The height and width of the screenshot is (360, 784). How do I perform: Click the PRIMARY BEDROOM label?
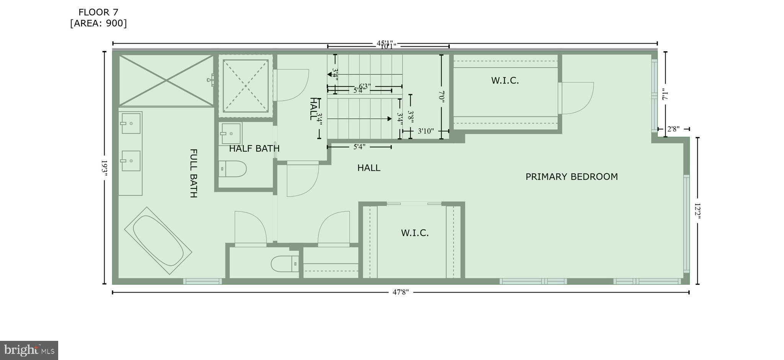click(571, 177)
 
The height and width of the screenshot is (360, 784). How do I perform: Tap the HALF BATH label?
click(254, 148)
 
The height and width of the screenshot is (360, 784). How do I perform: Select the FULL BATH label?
click(194, 173)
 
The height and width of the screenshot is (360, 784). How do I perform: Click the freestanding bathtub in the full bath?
click(158, 241)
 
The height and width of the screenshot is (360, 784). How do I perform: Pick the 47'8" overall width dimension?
click(400, 292)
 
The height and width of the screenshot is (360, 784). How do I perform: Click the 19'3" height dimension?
click(104, 168)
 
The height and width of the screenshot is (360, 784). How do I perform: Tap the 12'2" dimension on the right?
click(697, 211)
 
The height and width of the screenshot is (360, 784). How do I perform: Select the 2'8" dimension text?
click(673, 129)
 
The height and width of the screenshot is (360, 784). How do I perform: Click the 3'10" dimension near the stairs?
click(425, 131)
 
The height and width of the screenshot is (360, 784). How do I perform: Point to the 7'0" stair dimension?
click(441, 96)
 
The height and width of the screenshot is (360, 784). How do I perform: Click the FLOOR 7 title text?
click(98, 12)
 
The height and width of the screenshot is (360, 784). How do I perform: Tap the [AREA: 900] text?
click(98, 23)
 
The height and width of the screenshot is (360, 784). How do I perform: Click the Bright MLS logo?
click(29, 350)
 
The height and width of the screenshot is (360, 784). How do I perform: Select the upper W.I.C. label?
click(505, 80)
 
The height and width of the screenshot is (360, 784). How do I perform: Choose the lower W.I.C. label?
click(415, 233)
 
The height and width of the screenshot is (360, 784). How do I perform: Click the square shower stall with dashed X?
click(245, 86)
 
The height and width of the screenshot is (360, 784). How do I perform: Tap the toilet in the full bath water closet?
click(284, 263)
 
